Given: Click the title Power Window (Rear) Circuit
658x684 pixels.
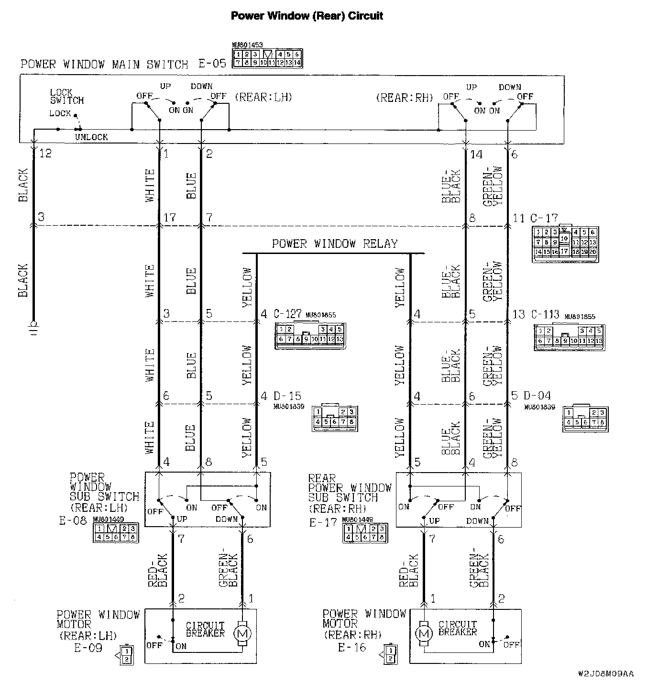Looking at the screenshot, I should [307, 16].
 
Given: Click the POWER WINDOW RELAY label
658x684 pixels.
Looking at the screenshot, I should [335, 244].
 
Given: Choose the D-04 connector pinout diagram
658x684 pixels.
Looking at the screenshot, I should [585, 419].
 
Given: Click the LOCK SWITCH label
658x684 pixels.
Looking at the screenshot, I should [66, 97].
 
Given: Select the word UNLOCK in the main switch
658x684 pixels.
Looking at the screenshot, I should [91, 137].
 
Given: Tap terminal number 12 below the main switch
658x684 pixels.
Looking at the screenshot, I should [45, 154].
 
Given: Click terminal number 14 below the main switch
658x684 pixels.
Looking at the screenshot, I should [476, 154].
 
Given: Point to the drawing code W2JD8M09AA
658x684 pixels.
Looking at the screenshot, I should [605, 673].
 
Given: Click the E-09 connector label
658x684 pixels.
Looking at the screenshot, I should [88, 648].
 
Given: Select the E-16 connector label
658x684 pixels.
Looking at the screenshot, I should [352, 648].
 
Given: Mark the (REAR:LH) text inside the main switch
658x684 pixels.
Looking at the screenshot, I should [263, 97].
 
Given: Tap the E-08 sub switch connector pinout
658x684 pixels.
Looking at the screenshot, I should [115, 533].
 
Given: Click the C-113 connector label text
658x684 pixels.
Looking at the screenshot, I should [545, 314].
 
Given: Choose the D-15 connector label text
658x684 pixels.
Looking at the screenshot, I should [287, 396].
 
